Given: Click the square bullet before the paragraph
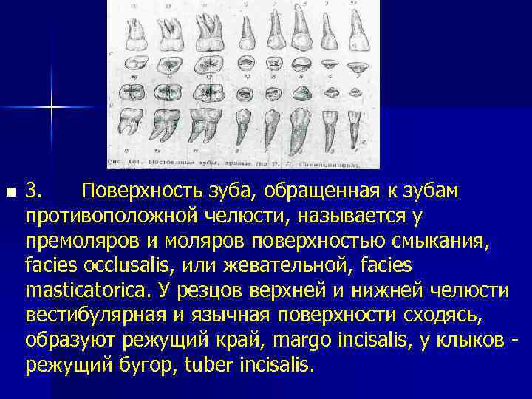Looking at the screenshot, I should coord(10,193).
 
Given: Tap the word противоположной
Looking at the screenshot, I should coord(118,216).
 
